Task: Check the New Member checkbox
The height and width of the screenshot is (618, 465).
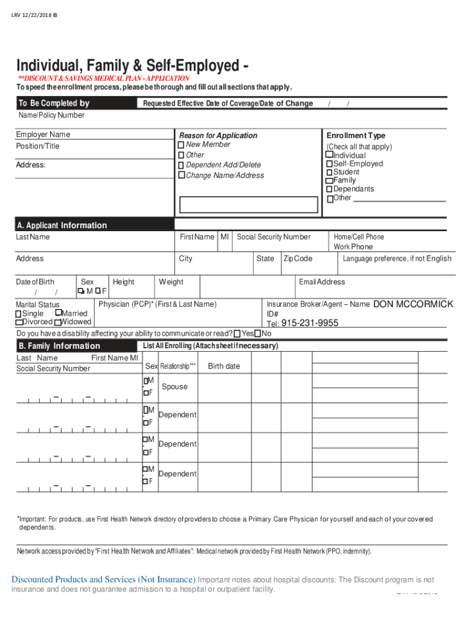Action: pos(181,145)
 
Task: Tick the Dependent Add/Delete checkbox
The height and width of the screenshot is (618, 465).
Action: pos(181,165)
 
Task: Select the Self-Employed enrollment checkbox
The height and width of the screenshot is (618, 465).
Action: pos(329,164)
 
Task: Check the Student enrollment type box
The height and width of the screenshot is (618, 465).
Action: pos(329,173)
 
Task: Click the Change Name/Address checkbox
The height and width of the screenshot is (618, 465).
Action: pos(181,176)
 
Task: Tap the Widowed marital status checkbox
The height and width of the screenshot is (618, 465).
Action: pos(57,322)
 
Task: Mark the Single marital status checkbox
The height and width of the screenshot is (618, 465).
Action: pos(19,314)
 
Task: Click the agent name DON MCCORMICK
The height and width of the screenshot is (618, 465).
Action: pos(413,304)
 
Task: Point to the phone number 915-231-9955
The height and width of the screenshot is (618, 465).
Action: pos(310,323)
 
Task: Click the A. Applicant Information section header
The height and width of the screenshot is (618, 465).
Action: pos(62,225)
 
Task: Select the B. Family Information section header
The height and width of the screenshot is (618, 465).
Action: pos(59,346)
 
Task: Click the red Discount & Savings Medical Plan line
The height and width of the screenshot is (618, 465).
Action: pos(103,78)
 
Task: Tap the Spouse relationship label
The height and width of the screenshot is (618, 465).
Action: pos(175,387)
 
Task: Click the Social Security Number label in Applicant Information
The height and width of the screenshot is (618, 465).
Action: pos(274,237)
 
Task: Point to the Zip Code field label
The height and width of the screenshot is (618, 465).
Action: pos(298,258)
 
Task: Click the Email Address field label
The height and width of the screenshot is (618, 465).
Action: pos(322,282)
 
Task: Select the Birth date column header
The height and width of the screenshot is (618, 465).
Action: pos(223,366)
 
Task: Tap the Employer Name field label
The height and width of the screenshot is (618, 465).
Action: pos(43,134)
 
